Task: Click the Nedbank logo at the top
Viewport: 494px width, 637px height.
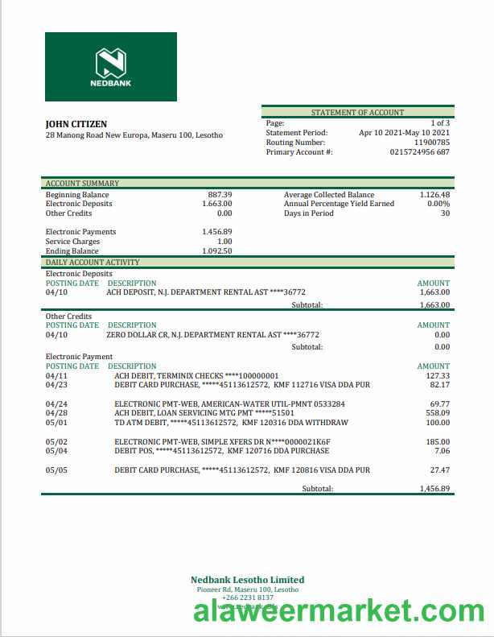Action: pos(111,67)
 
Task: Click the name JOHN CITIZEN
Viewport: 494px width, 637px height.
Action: pos(76,125)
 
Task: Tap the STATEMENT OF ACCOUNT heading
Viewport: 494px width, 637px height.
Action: pos(357,113)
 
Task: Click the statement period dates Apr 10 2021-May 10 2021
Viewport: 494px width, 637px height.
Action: pos(404,133)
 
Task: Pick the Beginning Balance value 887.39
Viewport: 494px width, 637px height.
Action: pos(220,195)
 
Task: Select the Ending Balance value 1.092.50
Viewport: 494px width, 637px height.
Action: pos(217,251)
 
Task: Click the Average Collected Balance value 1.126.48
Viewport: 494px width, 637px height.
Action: pos(434,195)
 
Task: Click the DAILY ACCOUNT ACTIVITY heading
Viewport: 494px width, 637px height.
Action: pos(93,263)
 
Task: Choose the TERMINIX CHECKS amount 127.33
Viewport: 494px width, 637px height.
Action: pos(438,376)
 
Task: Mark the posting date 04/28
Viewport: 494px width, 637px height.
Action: pos(57,413)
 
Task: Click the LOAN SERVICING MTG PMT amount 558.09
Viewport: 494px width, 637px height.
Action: pos(438,413)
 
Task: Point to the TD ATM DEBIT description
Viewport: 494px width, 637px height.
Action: pos(231,423)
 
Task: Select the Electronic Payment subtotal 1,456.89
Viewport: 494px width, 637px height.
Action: pos(434,489)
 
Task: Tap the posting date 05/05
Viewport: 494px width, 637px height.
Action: pos(57,469)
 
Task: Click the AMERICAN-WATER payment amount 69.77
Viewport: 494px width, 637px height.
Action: pos(439,403)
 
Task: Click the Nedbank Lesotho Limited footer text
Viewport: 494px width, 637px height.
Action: pos(247,580)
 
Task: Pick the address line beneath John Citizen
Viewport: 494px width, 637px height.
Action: pos(134,135)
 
